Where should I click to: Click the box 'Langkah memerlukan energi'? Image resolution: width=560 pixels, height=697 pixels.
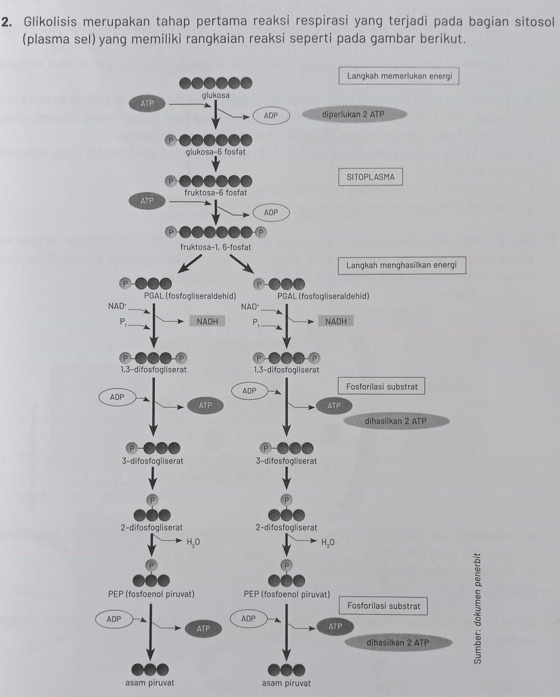coord(399,76)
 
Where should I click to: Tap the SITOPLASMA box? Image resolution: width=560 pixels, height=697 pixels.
coord(370,177)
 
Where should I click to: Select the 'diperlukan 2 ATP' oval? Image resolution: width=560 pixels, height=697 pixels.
coord(353,115)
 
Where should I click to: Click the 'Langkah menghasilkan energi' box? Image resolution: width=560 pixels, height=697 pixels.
coord(401,265)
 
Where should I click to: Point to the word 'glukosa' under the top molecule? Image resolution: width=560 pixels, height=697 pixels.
coord(215,95)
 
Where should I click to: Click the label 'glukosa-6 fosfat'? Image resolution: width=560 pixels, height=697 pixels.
coord(215,152)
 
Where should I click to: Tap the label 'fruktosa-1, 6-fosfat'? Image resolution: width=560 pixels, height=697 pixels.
coord(215,247)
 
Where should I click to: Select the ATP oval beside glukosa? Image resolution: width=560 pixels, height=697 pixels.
coord(147,103)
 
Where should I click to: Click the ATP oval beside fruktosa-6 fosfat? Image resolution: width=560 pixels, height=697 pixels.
coord(147,201)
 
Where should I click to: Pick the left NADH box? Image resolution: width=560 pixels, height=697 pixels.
coord(207,322)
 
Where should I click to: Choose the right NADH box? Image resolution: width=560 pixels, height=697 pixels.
coord(336,322)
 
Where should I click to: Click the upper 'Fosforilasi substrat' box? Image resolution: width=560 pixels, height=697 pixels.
coord(382,387)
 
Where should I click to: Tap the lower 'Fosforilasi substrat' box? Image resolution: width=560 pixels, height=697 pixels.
coord(383,606)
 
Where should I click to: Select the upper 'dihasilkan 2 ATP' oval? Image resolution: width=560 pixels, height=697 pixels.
coord(395,421)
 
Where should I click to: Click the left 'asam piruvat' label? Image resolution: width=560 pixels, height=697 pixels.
coord(149,683)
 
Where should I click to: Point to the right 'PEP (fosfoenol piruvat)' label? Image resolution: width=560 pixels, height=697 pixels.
coord(287,594)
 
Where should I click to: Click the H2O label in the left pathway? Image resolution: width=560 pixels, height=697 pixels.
coord(193,542)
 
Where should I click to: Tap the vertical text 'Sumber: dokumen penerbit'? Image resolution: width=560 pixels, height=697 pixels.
coord(478,609)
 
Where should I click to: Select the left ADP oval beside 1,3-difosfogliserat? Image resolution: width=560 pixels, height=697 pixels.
coord(117,397)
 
